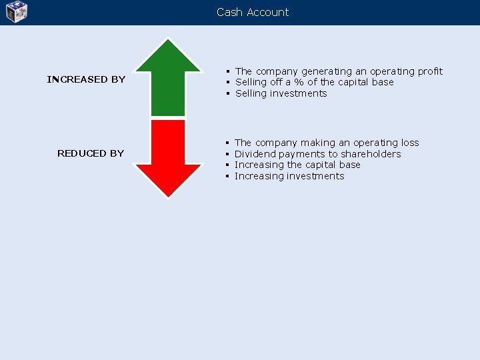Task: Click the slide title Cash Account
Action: point(253,12)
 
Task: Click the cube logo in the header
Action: point(17,12)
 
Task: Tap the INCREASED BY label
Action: point(86,79)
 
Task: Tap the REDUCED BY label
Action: point(91,153)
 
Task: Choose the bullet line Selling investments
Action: point(281,93)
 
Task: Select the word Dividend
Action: point(255,154)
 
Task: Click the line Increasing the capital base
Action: point(297,165)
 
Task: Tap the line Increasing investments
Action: point(289,176)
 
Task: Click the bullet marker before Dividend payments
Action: point(227,154)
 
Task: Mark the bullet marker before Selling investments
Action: point(228,93)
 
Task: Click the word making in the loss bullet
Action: point(318,143)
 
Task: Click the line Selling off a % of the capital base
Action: point(314,82)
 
